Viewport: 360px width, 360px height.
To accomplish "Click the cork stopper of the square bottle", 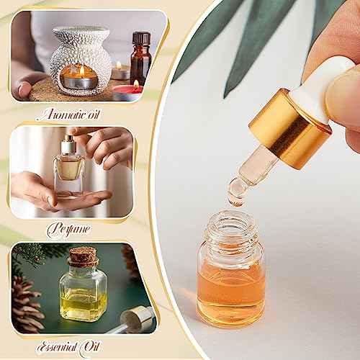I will click(82, 256).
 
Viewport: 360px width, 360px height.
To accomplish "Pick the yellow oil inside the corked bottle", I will click(83, 302).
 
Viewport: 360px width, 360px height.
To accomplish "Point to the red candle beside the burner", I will click(128, 91).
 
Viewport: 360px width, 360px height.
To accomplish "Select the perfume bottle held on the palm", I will click(69, 169).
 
